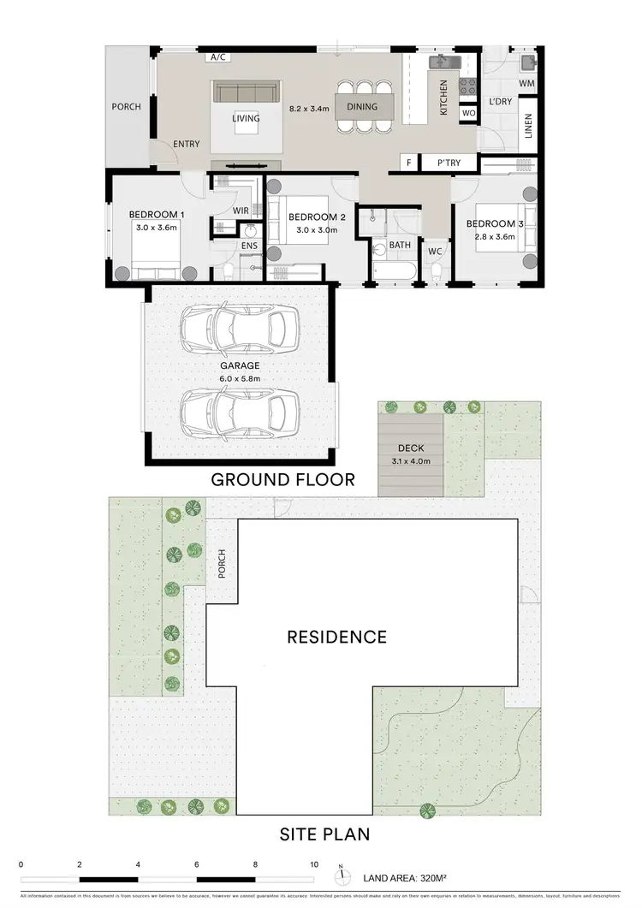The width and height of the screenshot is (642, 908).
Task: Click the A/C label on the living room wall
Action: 217,57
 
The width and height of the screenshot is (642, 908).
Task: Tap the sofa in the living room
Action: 246,92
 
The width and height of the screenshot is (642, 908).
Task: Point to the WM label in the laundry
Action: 526,83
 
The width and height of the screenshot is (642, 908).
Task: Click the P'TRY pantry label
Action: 449,162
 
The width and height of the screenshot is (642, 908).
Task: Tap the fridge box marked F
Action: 409,162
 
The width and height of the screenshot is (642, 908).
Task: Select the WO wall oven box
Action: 468,113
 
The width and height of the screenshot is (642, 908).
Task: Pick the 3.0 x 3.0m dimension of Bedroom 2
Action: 316,230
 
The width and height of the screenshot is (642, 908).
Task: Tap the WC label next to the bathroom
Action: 434,251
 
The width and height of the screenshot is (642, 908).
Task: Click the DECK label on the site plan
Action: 411,448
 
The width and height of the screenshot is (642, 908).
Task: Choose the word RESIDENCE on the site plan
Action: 336,637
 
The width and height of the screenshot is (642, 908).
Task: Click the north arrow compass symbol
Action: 341,875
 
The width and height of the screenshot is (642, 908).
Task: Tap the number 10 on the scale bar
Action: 314,865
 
